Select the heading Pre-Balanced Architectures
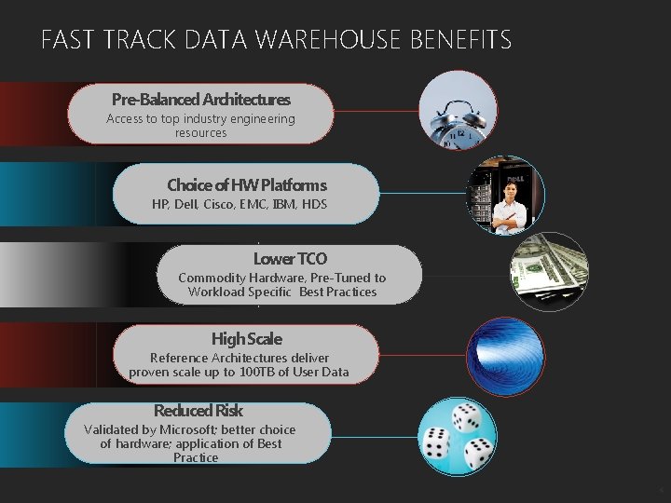tap(200, 99)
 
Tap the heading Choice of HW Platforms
tap(247, 184)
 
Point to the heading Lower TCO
tap(290, 258)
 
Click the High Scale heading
tap(246, 338)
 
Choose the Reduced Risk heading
tap(198, 410)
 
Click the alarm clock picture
tap(458, 110)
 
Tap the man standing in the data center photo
tap(510, 205)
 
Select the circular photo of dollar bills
tap(549, 271)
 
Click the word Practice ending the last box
tap(196, 457)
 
